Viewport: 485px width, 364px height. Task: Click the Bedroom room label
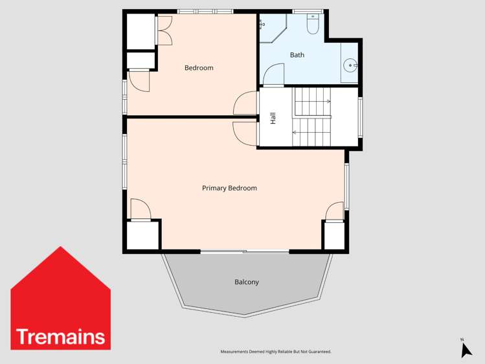click(199, 68)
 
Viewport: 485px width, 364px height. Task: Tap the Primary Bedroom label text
click(229, 188)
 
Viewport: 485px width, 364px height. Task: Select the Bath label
click(297, 55)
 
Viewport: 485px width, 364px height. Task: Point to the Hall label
click(273, 119)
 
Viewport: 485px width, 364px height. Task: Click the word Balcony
click(247, 282)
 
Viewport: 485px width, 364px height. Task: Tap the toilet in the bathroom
click(312, 25)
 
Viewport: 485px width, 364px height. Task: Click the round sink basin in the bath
click(350, 65)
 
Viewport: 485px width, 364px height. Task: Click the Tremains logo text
click(60, 337)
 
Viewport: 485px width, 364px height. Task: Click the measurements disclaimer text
click(276, 352)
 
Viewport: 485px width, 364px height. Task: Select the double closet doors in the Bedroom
click(163, 30)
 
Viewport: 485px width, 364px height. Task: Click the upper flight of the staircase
click(313, 101)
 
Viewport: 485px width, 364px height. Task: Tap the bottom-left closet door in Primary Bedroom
click(141, 210)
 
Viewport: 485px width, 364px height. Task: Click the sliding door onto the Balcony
click(244, 251)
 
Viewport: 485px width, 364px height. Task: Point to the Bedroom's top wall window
click(205, 11)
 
